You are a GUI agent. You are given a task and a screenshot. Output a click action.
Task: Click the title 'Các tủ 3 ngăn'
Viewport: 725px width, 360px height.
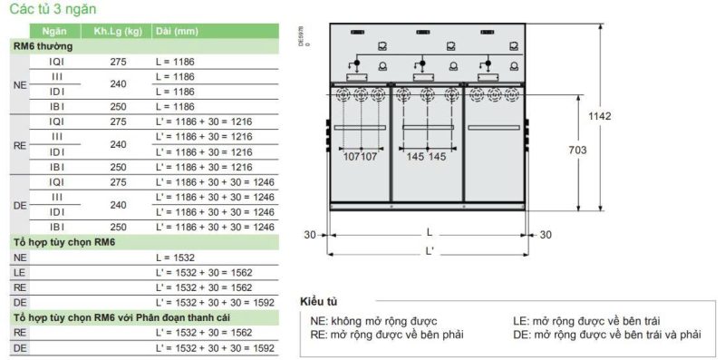(x=53, y=9)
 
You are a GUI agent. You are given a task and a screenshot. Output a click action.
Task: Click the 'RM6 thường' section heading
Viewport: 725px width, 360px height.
(x=43, y=47)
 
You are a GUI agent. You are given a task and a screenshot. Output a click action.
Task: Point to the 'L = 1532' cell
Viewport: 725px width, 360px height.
(x=175, y=258)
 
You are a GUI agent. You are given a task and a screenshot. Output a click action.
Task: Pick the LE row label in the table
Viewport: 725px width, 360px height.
(x=20, y=273)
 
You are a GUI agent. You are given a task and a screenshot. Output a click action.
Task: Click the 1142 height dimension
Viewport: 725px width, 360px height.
(x=599, y=116)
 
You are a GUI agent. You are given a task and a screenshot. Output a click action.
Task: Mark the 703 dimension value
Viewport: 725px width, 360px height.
(x=578, y=150)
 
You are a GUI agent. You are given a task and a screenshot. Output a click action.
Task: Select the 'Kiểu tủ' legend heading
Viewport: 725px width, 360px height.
(x=319, y=302)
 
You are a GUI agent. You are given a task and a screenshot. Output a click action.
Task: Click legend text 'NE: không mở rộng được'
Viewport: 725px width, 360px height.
(x=373, y=321)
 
